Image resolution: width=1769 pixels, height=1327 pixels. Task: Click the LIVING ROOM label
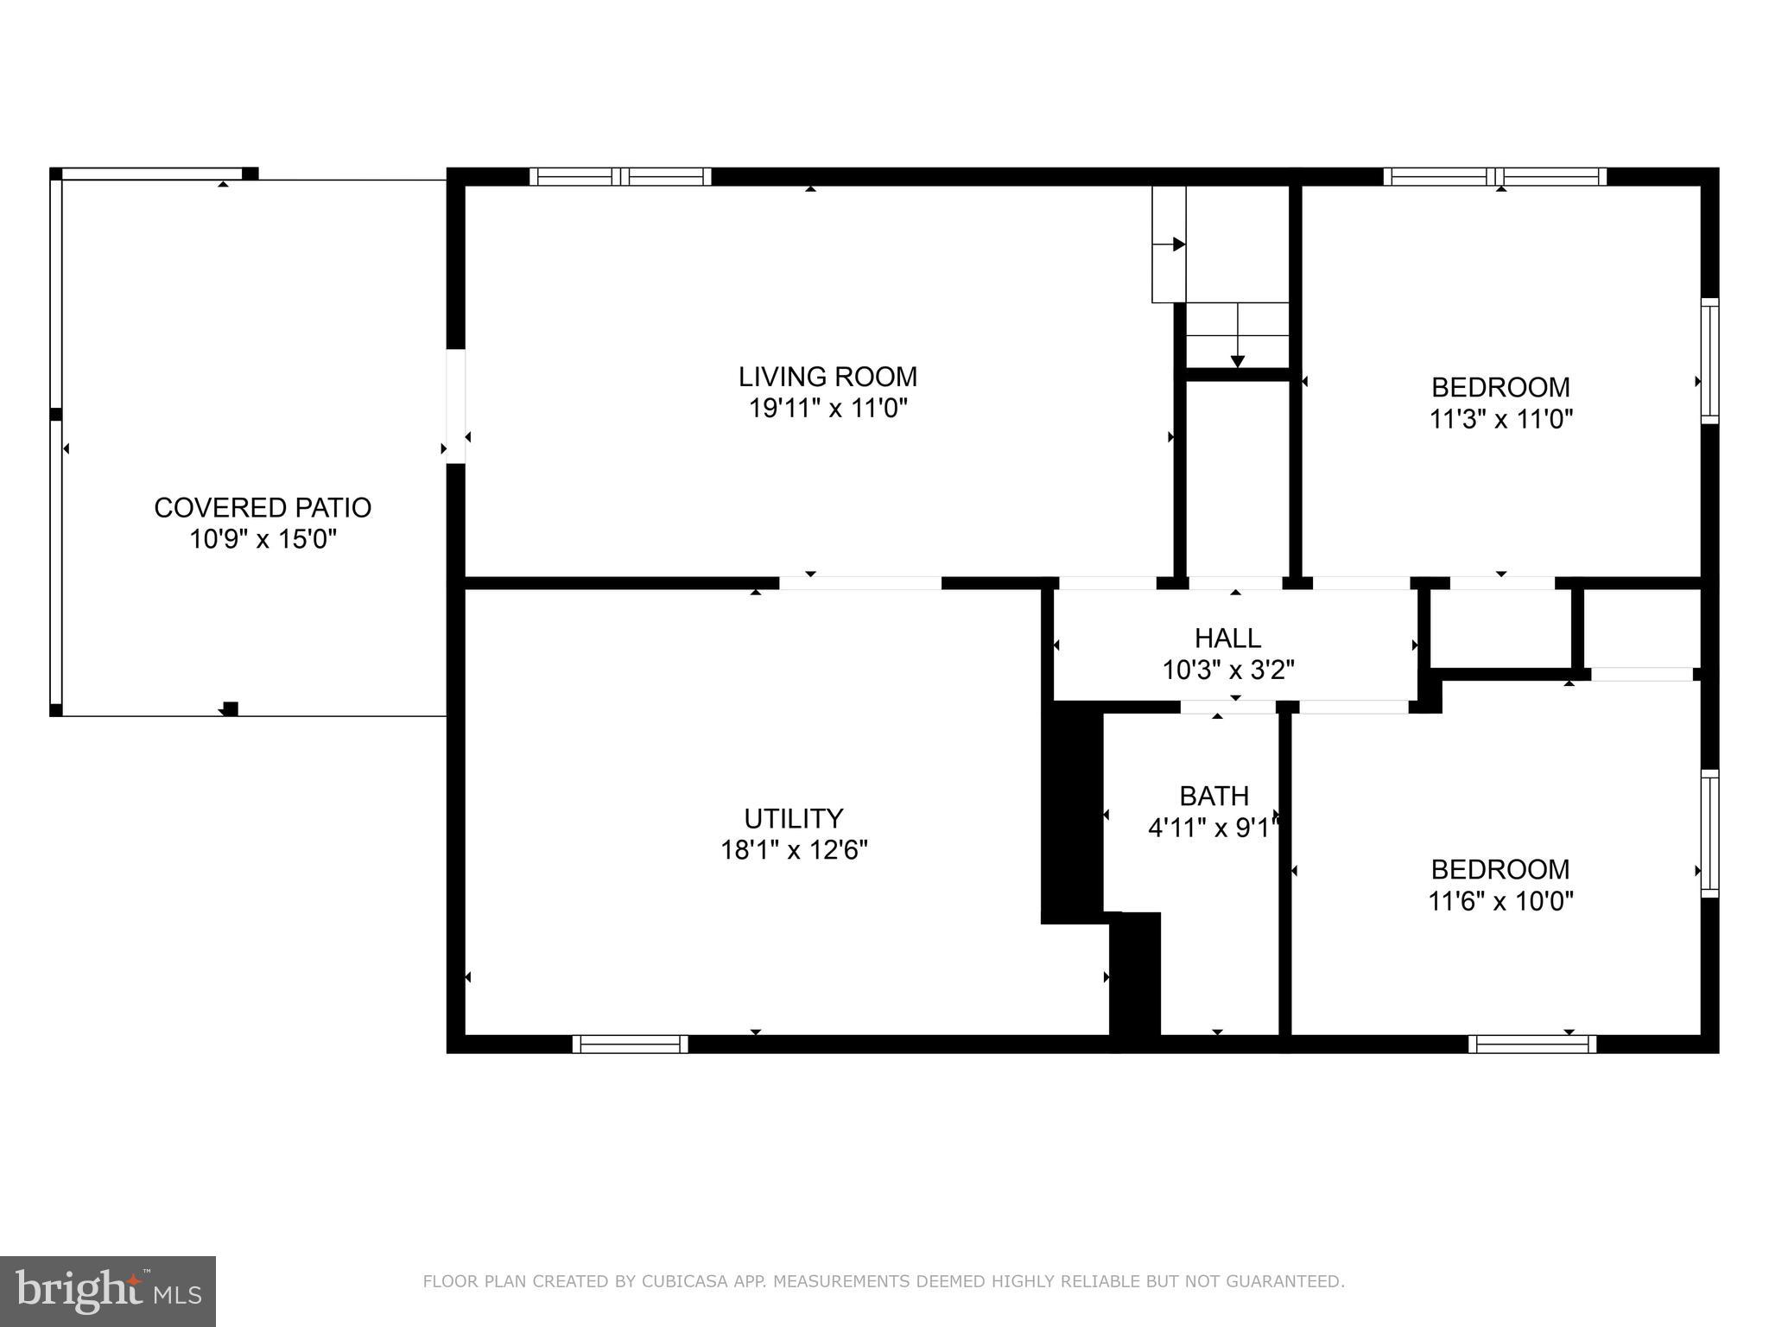click(827, 377)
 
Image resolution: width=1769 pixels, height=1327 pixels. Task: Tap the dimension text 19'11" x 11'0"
click(827, 408)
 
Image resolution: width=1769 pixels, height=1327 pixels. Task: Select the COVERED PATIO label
click(263, 507)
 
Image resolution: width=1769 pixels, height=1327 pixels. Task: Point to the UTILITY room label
click(793, 818)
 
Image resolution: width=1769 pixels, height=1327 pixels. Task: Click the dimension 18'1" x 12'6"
click(793, 850)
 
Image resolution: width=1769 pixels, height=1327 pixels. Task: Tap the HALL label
click(1227, 638)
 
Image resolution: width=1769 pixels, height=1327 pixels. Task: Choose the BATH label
click(1214, 796)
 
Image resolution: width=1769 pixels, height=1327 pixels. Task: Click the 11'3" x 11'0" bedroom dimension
click(1500, 419)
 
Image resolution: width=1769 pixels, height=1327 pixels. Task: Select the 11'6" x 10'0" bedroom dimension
click(1500, 901)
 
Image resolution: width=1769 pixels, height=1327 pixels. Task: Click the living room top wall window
click(620, 177)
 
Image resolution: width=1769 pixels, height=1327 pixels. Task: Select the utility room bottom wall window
click(630, 1044)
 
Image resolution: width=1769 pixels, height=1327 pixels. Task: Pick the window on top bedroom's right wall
click(1709, 360)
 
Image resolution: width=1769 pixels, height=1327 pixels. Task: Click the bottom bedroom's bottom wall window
click(1532, 1044)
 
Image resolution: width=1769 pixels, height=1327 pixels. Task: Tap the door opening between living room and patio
click(455, 406)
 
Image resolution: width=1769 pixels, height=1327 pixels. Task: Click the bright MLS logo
click(107, 1291)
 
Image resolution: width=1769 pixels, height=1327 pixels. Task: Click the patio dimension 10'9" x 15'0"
click(263, 539)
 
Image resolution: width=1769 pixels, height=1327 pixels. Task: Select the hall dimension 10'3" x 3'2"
click(1227, 670)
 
